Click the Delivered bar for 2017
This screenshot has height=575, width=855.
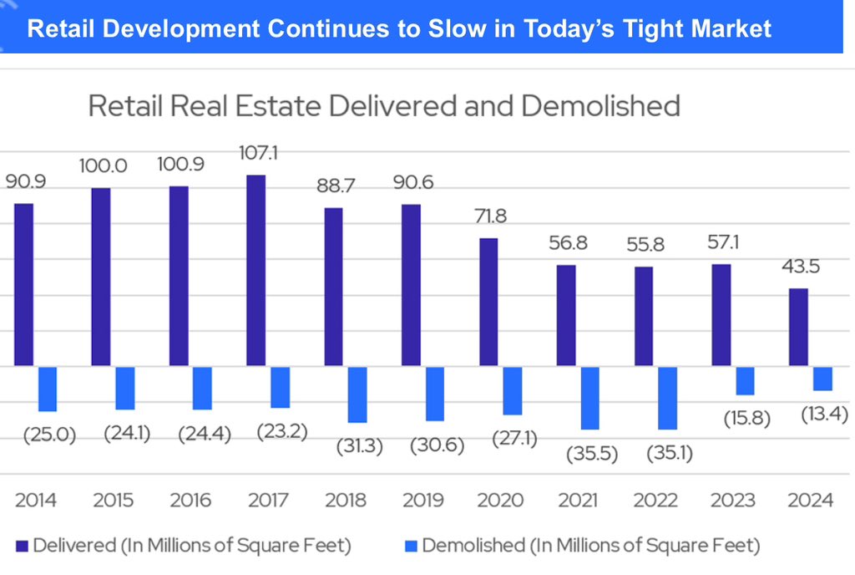click(256, 270)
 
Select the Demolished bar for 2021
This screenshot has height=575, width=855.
click(589, 398)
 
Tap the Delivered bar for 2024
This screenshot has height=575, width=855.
click(798, 327)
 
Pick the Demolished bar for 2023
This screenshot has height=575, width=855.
click(745, 381)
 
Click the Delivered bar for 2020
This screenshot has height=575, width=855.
click(488, 302)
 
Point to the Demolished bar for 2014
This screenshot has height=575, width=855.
click(48, 389)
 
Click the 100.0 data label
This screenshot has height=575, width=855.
click(104, 165)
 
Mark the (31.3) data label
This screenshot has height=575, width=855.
click(359, 446)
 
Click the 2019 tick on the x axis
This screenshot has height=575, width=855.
click(422, 501)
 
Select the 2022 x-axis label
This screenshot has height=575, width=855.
click(655, 501)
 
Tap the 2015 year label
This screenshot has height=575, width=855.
click(113, 501)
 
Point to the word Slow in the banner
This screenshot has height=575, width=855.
click(458, 28)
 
